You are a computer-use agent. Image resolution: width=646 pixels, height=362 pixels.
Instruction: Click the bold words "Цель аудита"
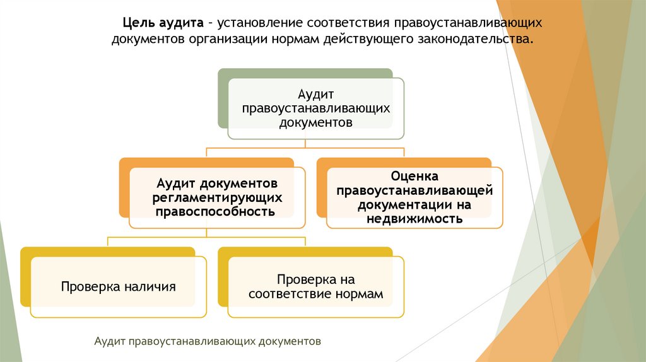click(x=162, y=23)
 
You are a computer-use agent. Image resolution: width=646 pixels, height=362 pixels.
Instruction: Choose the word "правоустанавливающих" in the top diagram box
click(x=315, y=108)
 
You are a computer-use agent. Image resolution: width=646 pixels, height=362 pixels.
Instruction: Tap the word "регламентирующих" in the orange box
click(x=216, y=197)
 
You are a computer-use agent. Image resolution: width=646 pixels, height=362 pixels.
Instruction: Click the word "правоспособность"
click(x=216, y=211)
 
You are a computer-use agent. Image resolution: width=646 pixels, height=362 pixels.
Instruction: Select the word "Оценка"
click(x=414, y=177)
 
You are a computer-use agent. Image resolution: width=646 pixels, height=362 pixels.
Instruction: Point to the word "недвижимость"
click(x=414, y=219)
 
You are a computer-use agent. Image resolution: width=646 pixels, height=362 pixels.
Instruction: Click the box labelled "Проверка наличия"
click(x=118, y=287)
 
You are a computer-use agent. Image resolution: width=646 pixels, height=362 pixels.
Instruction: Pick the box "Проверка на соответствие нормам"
click(x=315, y=287)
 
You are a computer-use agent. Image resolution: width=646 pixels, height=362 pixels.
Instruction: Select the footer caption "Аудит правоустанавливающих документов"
click(x=208, y=341)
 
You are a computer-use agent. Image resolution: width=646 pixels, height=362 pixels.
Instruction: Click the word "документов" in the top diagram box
click(x=315, y=122)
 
